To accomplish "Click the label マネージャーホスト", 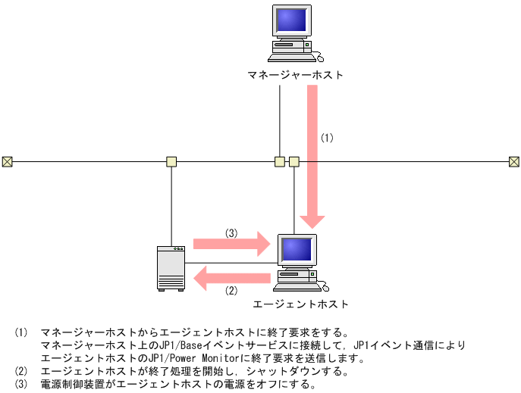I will point(295,75).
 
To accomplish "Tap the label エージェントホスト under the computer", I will point(300,304).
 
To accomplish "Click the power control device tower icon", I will point(171,267).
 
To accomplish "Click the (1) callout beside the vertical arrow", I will point(327,138).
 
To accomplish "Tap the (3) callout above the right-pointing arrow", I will point(232,232).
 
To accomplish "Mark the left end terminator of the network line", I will point(7,161).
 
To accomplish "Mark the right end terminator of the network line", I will point(513,161).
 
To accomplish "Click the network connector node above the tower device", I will point(171,161).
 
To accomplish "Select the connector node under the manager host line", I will point(280,161).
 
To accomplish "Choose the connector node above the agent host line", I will point(294,161).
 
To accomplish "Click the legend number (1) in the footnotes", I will point(20,332).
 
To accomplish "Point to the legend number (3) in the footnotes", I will point(20,384).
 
